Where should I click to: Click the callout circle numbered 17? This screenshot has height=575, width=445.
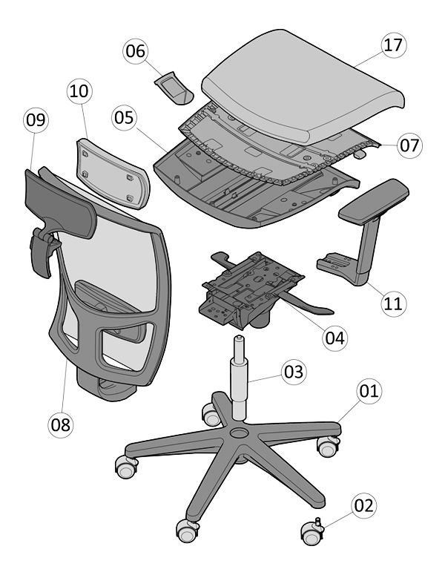click(394, 45)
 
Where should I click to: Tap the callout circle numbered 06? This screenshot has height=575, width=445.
click(136, 51)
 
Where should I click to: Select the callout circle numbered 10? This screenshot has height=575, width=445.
click(79, 91)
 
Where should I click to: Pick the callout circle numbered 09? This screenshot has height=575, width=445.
click(36, 120)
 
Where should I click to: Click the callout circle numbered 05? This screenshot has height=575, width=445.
click(125, 118)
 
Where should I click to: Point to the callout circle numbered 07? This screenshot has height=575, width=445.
click(409, 145)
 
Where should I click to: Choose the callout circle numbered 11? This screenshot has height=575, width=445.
click(394, 303)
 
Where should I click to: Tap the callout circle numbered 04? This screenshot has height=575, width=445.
click(335, 338)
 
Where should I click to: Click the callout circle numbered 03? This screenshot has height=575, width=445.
click(294, 372)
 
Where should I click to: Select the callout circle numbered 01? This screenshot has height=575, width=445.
click(369, 391)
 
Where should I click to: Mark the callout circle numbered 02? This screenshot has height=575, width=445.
click(363, 506)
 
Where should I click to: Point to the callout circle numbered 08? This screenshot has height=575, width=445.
click(61, 425)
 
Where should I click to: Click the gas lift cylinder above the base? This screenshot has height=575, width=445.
click(239, 378)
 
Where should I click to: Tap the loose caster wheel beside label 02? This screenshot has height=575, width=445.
click(312, 532)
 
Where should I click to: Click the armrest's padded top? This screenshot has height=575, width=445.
click(374, 201)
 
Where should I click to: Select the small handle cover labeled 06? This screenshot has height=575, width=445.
click(174, 88)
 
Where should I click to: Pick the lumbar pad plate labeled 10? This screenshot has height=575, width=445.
click(113, 174)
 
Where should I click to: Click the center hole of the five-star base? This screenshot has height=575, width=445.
click(240, 433)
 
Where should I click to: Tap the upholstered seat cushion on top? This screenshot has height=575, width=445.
click(303, 87)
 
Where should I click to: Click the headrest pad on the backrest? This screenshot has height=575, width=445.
click(61, 203)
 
